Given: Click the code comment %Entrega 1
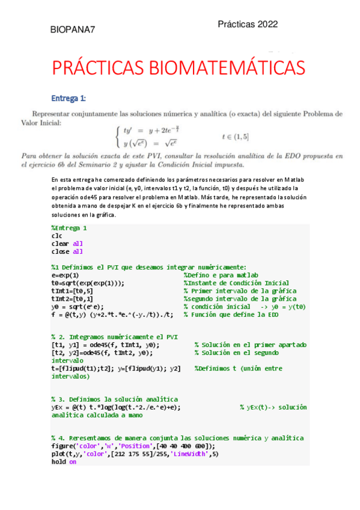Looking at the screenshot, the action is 69,228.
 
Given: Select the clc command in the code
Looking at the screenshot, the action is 56,236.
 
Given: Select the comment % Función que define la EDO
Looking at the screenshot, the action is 231,314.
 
